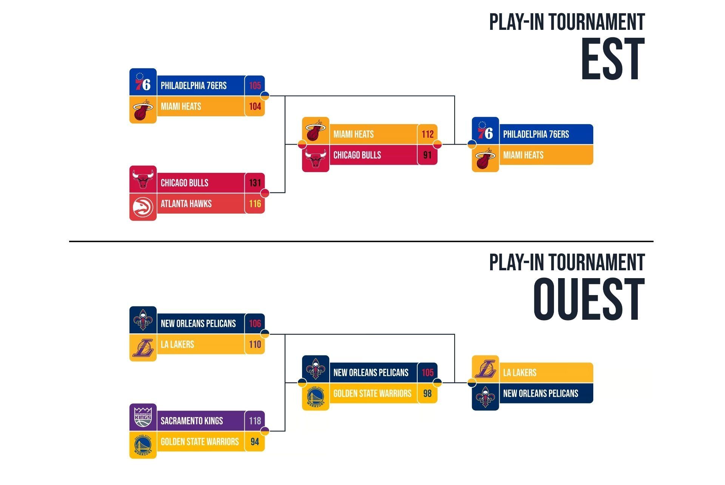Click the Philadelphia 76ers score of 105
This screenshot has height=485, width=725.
(x=255, y=86)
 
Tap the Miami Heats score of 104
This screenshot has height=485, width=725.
(x=255, y=106)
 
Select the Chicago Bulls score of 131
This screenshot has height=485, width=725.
(x=255, y=183)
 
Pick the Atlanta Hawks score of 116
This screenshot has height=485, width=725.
(x=255, y=204)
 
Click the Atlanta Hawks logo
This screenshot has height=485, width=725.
(x=143, y=207)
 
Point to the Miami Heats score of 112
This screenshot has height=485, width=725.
(x=427, y=134)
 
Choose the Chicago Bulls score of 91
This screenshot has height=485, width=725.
(x=427, y=155)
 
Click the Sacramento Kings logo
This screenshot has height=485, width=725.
(x=143, y=417)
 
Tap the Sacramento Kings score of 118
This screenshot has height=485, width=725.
(x=255, y=421)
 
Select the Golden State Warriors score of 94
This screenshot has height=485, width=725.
(x=255, y=442)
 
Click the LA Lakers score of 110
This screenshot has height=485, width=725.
(x=255, y=345)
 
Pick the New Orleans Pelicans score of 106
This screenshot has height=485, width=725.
(x=255, y=323)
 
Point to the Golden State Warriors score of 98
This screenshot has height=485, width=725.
(x=427, y=394)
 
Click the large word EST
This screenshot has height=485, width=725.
(x=612, y=59)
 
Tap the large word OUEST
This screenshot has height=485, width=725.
(x=589, y=300)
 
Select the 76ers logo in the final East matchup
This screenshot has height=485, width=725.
(x=485, y=131)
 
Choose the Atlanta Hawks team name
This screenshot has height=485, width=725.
(x=186, y=204)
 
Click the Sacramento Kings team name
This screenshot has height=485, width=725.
(x=192, y=421)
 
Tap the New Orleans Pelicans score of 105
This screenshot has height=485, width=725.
(x=427, y=373)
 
